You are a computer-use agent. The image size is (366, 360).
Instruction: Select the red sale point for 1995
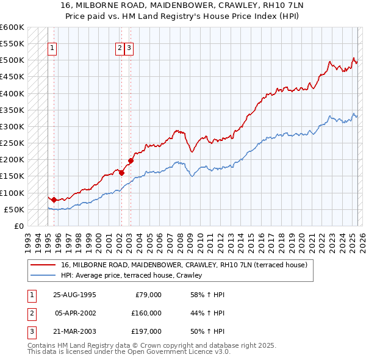tap(54, 200)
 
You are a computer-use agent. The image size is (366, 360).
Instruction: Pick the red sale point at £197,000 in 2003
tap(131, 160)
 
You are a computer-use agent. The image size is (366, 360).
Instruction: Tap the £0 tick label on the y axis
tap(20, 226)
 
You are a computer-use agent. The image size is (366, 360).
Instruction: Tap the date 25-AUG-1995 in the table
tap(74, 295)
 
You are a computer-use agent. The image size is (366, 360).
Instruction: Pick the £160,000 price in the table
tap(146, 313)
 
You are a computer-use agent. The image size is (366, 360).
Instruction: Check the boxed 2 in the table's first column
tap(31, 313)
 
